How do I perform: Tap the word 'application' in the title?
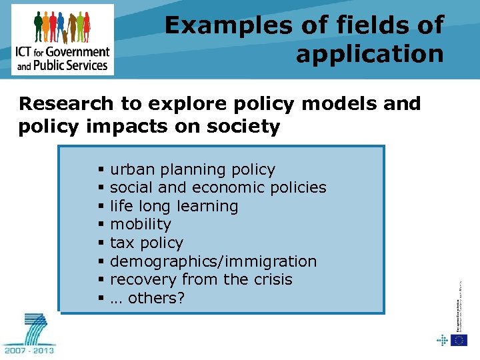[x=369, y=54]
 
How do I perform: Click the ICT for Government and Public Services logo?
[x=63, y=39]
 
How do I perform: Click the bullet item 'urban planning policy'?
[x=192, y=170]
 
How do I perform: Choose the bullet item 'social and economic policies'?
[x=218, y=188]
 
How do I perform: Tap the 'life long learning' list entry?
[x=174, y=206]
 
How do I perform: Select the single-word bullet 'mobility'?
[x=141, y=225]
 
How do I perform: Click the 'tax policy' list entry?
[x=146, y=243]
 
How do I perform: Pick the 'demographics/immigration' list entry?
[x=213, y=261]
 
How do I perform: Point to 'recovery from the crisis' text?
[x=201, y=279]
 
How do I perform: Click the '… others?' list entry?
[x=147, y=298]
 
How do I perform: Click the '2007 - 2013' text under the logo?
[x=29, y=350]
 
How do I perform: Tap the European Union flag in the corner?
[x=459, y=340]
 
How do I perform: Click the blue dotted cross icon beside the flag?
[x=442, y=340]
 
